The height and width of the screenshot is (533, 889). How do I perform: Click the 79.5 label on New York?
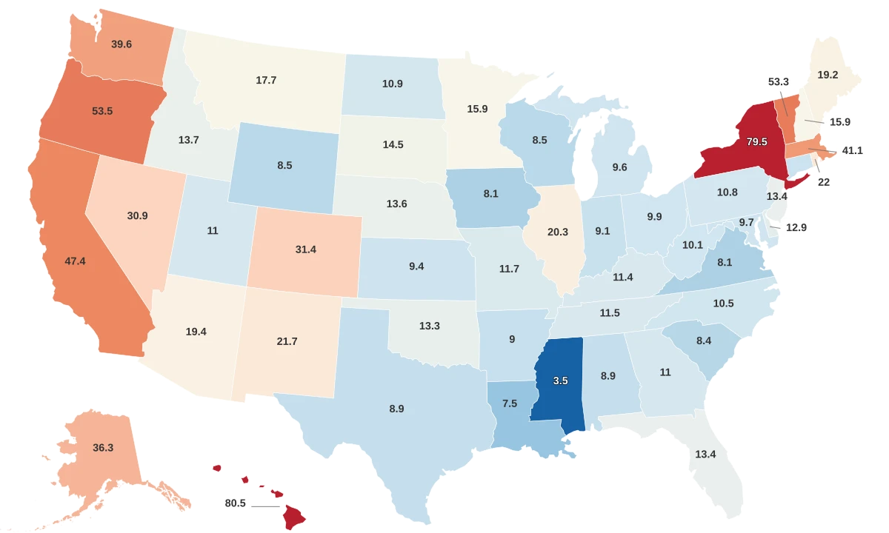point(756,141)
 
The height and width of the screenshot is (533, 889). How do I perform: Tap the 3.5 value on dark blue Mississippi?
point(560,381)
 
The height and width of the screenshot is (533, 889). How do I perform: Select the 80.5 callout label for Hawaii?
point(235,503)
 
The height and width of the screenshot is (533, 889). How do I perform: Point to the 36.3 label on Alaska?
point(103,448)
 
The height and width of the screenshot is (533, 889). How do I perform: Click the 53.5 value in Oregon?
point(101,111)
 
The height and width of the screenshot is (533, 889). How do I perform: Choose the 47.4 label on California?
point(75,261)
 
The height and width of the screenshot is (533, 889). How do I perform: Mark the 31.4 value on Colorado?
point(306,249)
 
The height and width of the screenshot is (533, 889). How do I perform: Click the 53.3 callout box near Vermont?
point(779,82)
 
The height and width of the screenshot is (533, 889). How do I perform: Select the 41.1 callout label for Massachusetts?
point(853,150)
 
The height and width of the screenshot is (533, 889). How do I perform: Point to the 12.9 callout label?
point(796,228)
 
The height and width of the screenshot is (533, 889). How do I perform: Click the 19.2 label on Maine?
point(828,75)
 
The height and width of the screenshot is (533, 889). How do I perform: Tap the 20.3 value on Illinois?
point(557,232)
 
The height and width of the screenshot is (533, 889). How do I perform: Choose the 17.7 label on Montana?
point(266,80)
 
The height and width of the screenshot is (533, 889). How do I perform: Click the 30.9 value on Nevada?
point(137,215)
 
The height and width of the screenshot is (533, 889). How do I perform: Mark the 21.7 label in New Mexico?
point(287,341)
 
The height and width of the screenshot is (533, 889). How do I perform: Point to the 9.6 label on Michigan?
point(620,167)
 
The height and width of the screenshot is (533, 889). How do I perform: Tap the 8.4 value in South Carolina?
point(704,341)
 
